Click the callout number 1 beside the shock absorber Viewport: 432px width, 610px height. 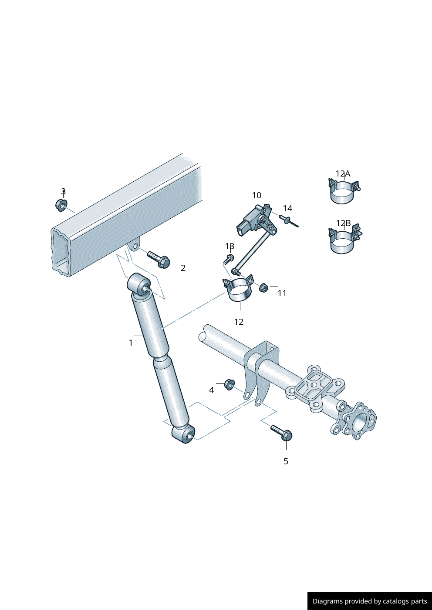[131, 343]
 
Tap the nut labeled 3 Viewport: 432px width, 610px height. [61, 205]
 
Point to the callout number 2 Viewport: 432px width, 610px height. [183, 268]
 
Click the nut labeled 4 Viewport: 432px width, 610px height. [229, 384]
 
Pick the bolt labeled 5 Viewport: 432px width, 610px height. [282, 433]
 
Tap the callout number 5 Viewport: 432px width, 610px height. [286, 461]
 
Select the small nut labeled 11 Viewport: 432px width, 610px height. [263, 287]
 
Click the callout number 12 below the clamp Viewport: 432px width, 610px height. [239, 322]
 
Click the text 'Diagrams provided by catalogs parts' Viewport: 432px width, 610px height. [369, 601]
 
